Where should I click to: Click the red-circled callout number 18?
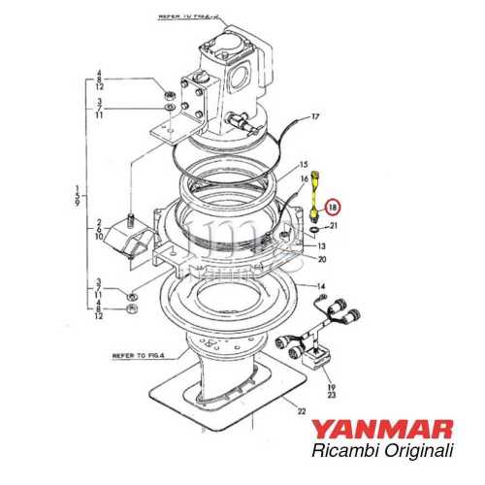[333, 207]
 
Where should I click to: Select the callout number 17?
[314, 117]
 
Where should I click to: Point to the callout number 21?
[336, 226]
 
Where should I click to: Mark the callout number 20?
[321, 259]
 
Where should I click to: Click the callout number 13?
[321, 247]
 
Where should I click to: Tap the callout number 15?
[303, 166]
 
